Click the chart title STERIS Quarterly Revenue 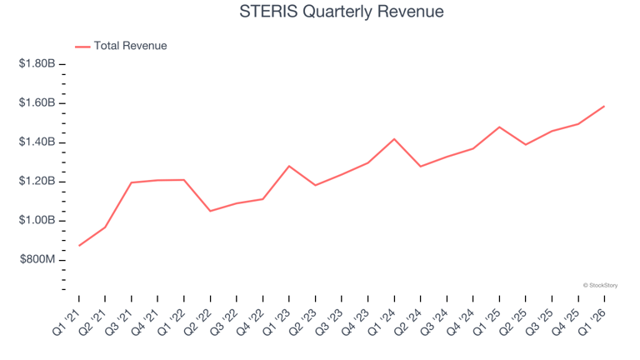tap(341, 12)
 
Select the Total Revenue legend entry tap(121, 46)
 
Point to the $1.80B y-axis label tap(37, 63)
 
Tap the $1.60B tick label tap(37, 102)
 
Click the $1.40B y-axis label tap(37, 142)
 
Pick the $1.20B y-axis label tap(37, 181)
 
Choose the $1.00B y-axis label tap(37, 220)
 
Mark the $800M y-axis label tap(37, 260)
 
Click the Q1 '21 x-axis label tap(67, 322)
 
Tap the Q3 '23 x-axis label tap(329, 322)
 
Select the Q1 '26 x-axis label tap(592, 322)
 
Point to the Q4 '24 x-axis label tap(461, 322)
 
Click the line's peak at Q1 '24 tap(394, 139)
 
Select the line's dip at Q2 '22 tap(210, 211)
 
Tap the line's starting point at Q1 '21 tap(79, 245)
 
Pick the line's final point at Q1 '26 tap(604, 107)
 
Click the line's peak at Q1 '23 tap(289, 166)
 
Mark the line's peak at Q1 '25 tap(499, 127)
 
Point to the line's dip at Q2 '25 tap(525, 144)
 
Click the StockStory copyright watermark tap(600, 285)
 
